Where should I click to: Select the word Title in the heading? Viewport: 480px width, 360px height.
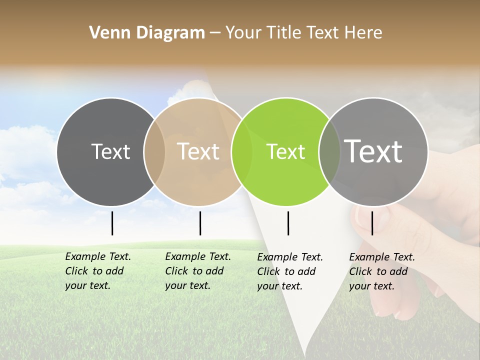284,33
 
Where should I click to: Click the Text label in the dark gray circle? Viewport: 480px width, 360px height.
110,151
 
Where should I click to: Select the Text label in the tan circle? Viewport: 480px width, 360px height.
198,151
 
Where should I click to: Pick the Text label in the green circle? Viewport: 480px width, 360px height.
285,151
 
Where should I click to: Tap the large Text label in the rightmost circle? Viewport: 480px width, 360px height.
373,151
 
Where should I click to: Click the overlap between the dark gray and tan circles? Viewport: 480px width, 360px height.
154,151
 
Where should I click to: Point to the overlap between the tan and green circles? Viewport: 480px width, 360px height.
242,151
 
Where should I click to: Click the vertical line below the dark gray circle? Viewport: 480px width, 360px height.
112,223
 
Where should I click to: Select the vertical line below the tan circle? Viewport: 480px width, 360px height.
200,223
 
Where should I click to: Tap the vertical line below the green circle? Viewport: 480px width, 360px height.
288,223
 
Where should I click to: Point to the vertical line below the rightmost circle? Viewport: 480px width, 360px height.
372,223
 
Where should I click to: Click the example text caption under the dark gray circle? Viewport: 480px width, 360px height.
98,271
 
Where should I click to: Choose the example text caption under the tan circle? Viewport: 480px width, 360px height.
198,271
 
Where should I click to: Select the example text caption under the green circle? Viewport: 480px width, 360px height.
290,271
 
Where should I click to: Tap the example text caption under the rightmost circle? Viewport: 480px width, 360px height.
382,271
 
